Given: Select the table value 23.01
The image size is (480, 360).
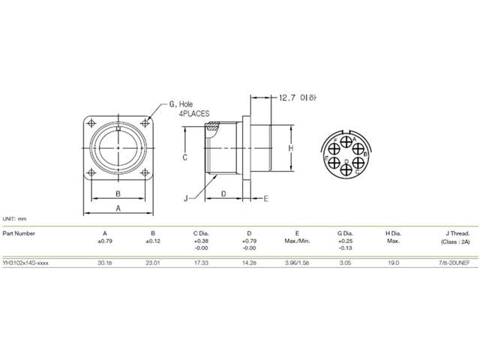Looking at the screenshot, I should coord(152,263).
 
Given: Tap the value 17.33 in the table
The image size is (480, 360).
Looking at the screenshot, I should coord(200,263).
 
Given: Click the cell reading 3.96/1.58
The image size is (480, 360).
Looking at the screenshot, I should coord(296,263).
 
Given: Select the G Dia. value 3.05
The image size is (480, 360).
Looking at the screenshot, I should coord(345,263).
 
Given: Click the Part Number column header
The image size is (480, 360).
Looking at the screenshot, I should coord(19,233).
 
